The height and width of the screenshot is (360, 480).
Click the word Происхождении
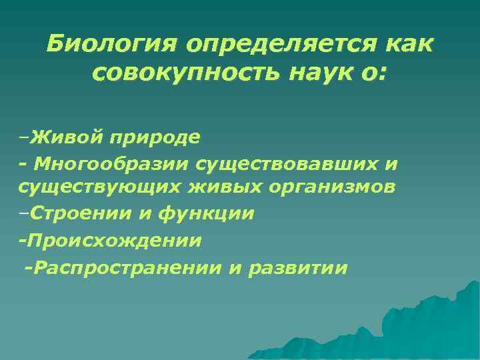click(x=113, y=239)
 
